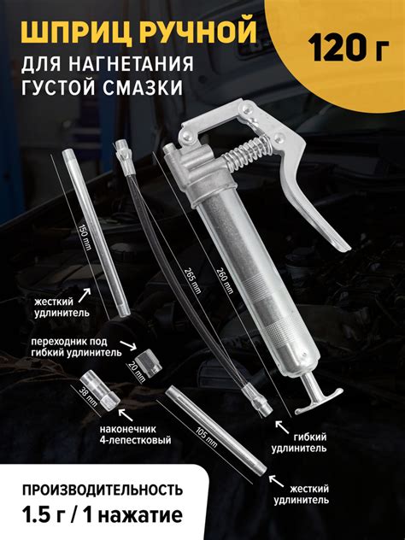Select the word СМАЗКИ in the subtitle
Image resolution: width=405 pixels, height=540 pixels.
pyautogui.click(x=143, y=87)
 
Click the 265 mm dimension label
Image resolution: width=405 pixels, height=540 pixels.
pyautogui.click(x=192, y=280)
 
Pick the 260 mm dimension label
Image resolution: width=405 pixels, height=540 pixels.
pyautogui.click(x=225, y=280)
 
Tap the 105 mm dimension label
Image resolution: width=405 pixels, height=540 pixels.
pyautogui.click(x=207, y=437)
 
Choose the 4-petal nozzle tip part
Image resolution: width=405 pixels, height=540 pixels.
pyautogui.click(x=100, y=388)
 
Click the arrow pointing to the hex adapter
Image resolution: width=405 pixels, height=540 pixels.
pyautogui.click(x=128, y=345)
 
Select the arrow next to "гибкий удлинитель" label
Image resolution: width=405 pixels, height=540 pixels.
pyautogui.click(x=282, y=427)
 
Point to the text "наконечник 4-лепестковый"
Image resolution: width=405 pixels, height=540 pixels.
pyautogui.click(x=135, y=435)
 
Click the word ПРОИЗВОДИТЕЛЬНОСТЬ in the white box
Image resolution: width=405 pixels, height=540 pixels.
pyautogui.click(x=103, y=490)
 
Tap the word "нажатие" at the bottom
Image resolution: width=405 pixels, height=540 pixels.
pyautogui.click(x=142, y=515)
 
